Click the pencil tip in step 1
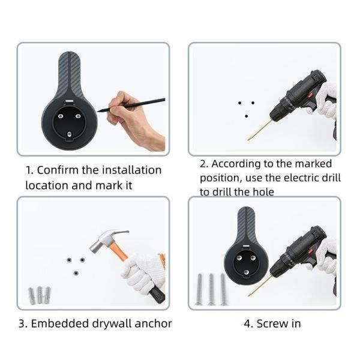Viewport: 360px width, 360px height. point(98,112)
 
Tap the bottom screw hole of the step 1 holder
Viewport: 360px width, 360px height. point(70,134)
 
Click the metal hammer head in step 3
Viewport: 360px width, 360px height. point(107,240)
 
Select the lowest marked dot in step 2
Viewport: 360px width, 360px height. point(246,116)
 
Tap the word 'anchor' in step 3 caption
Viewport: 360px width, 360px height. point(153,324)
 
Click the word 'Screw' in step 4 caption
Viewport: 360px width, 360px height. point(272,324)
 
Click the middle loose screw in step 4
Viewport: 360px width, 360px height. point(211,290)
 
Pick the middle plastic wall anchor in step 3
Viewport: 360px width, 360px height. point(40,295)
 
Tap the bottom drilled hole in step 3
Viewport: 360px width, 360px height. point(76,273)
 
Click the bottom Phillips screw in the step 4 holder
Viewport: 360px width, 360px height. point(246,272)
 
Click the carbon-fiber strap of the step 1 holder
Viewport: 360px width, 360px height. point(70,73)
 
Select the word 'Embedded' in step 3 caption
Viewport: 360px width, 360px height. point(59,324)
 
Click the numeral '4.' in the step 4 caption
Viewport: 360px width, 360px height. point(248,324)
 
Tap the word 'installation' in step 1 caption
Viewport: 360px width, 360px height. point(132,170)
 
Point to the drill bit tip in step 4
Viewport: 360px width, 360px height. point(248,295)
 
